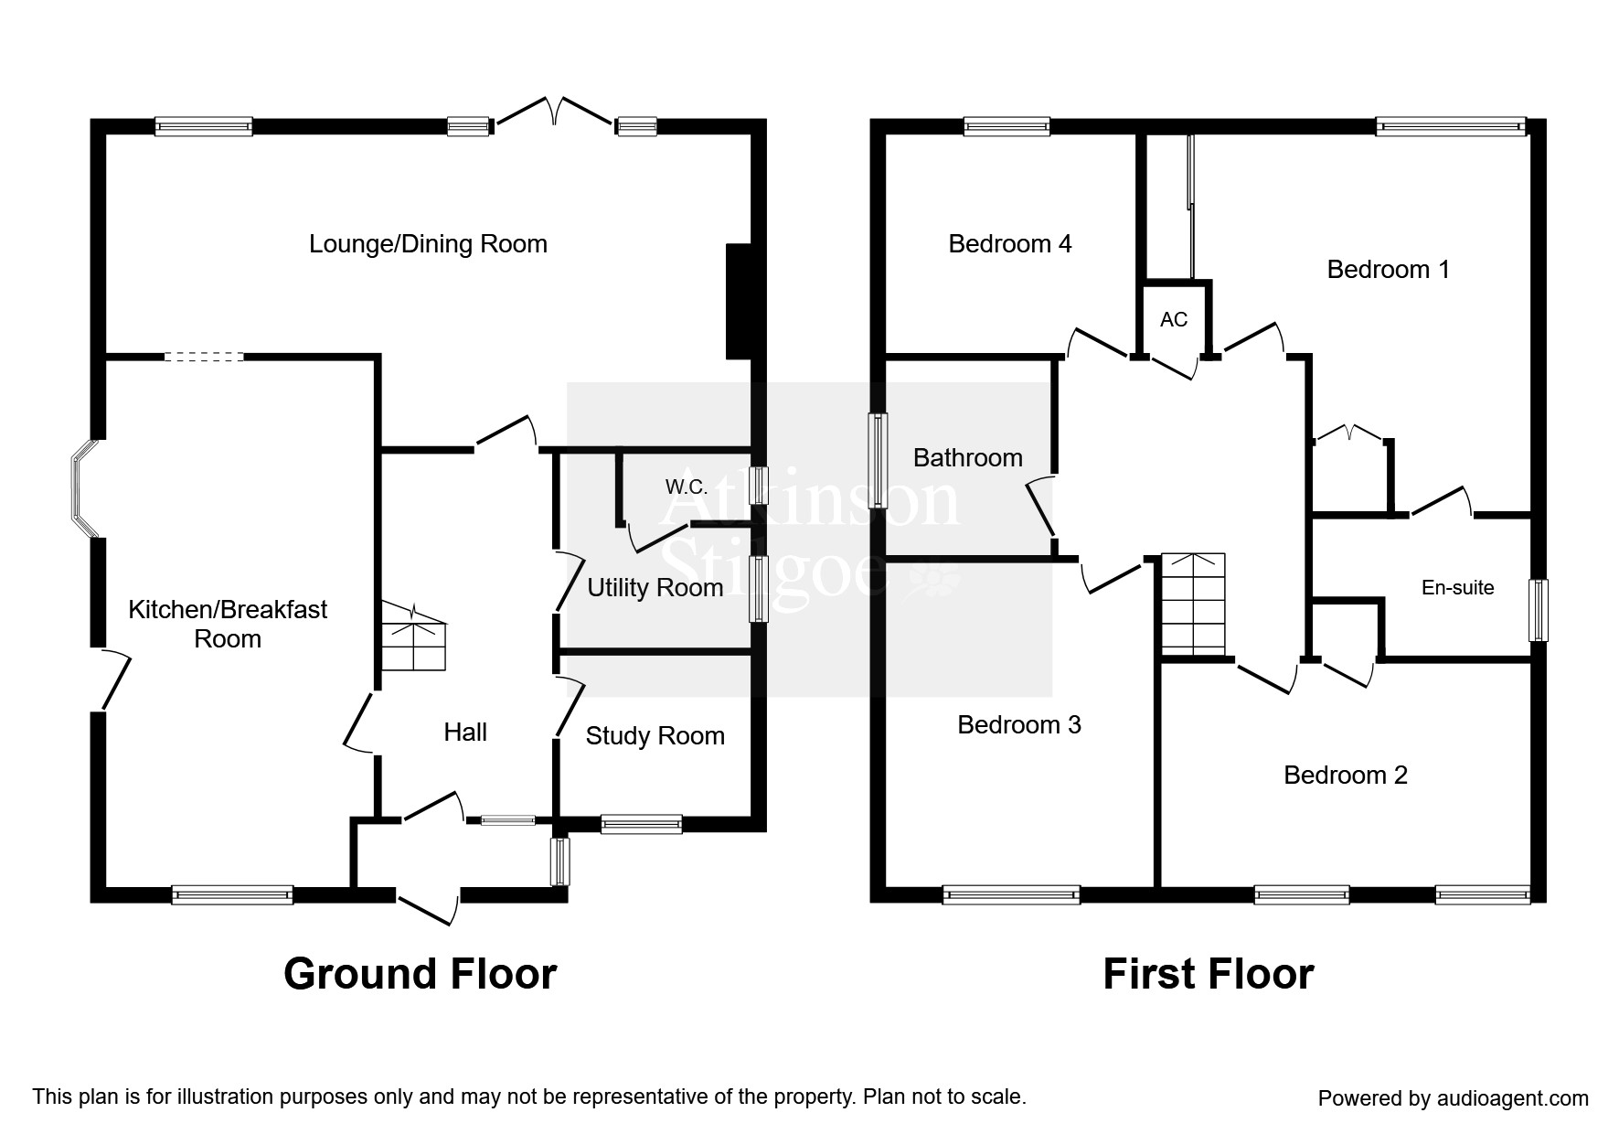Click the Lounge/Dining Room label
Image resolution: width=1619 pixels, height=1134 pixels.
point(428,244)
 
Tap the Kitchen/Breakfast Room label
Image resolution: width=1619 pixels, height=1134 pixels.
point(228,624)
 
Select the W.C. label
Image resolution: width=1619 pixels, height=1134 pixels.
point(687,487)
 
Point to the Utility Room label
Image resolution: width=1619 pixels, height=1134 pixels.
point(655,587)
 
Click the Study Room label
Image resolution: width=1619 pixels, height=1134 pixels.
point(655,735)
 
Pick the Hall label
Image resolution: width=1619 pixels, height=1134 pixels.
point(465,732)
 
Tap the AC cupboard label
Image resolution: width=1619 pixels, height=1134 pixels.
point(1174,319)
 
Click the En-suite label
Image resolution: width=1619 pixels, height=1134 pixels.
point(1457,587)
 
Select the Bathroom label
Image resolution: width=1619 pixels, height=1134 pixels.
point(968,457)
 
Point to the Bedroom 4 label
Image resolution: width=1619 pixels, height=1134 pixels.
point(1010,244)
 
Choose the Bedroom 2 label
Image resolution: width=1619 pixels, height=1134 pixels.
point(1346,776)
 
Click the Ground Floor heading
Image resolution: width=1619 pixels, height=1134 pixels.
point(420,974)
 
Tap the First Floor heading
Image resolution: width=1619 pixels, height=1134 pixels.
point(1209,974)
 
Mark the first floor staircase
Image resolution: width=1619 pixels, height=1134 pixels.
point(1193,604)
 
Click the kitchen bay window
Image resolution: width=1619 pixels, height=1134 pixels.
point(84,488)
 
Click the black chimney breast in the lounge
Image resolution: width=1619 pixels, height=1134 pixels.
point(738,302)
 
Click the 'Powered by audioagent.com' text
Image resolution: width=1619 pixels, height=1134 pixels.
point(1453,1098)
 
